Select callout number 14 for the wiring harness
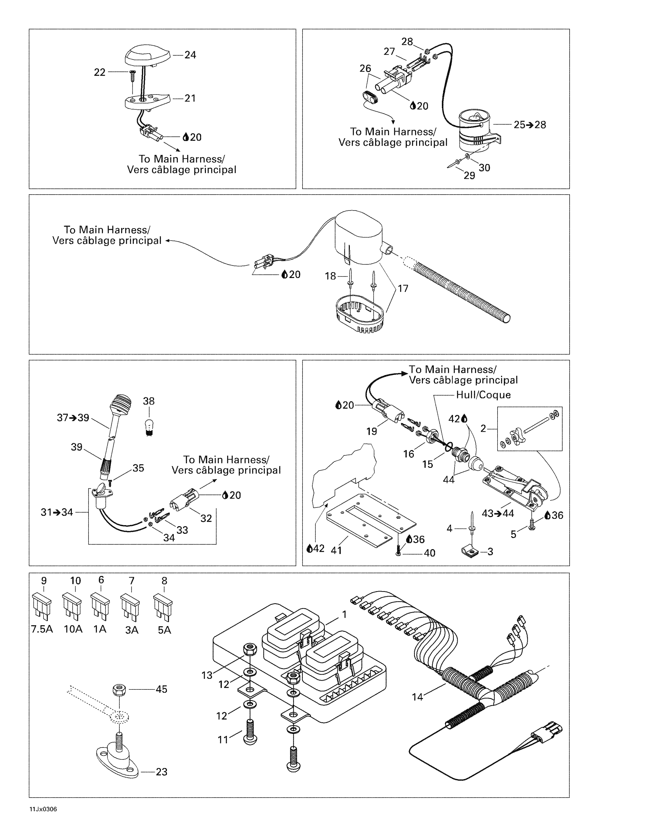point(417,697)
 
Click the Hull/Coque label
point(483,394)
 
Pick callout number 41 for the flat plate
point(336,550)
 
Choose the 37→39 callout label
point(73,418)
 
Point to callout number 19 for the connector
point(371,431)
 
